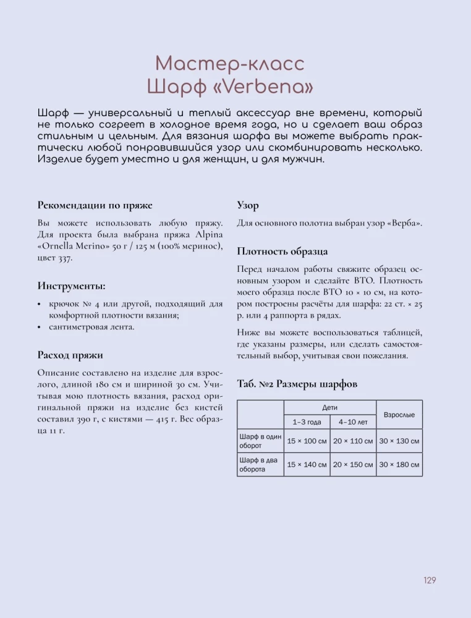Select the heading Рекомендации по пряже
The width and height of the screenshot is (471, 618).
click(x=95, y=205)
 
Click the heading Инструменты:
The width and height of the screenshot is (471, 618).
click(x=71, y=286)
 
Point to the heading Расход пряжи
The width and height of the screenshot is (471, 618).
click(x=70, y=355)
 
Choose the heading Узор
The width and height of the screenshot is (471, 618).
click(x=248, y=205)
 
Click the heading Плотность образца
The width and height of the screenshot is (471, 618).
click(x=282, y=252)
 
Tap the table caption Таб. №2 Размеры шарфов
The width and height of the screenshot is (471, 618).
click(x=297, y=384)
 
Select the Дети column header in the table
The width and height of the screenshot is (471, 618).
click(x=329, y=408)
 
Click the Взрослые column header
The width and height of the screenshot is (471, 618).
click(x=399, y=415)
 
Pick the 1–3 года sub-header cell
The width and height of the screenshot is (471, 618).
click(x=307, y=422)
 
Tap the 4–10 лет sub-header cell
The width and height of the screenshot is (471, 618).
click(x=353, y=422)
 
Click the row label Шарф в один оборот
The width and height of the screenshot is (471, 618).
click(x=260, y=441)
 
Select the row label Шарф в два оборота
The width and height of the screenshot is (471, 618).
click(x=260, y=464)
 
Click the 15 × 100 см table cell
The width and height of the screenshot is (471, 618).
click(x=307, y=441)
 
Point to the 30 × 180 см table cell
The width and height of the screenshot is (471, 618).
click(x=399, y=465)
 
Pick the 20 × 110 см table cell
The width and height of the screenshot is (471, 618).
click(x=353, y=441)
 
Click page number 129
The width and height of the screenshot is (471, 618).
click(x=430, y=580)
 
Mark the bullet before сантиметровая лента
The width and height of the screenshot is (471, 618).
click(x=40, y=327)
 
